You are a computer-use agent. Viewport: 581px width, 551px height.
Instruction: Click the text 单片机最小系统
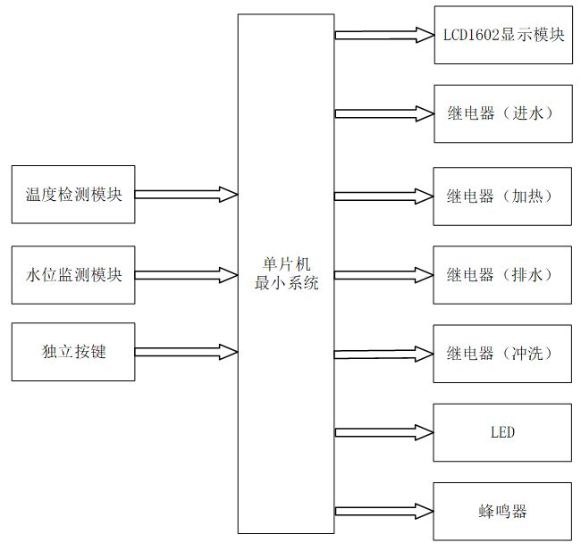(286, 273)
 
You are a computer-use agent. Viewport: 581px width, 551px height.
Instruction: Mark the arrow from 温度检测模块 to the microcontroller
(186, 195)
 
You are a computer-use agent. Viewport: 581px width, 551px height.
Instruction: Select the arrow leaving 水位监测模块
(186, 275)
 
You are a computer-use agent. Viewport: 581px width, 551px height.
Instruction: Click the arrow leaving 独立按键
(186, 352)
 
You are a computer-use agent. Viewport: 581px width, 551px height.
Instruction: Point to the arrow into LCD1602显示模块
(384, 35)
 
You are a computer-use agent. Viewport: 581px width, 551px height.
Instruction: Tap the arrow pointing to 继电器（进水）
(384, 113)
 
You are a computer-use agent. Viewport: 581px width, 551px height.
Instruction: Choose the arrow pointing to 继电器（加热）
(383, 196)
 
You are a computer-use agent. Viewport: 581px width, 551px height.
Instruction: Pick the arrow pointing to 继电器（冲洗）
(383, 354)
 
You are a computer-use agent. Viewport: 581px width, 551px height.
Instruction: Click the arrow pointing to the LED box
(384, 432)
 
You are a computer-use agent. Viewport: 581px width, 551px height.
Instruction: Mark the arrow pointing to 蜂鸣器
(384, 512)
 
